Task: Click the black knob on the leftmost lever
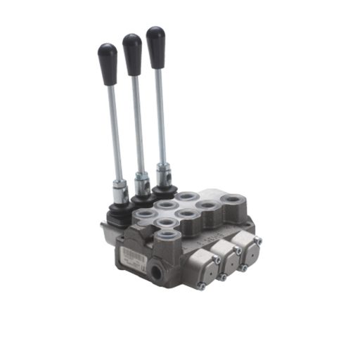[108, 55]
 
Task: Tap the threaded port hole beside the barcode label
[155, 268]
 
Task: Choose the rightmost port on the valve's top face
[232, 201]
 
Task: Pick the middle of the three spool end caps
[224, 254]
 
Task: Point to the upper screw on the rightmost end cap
[257, 240]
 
